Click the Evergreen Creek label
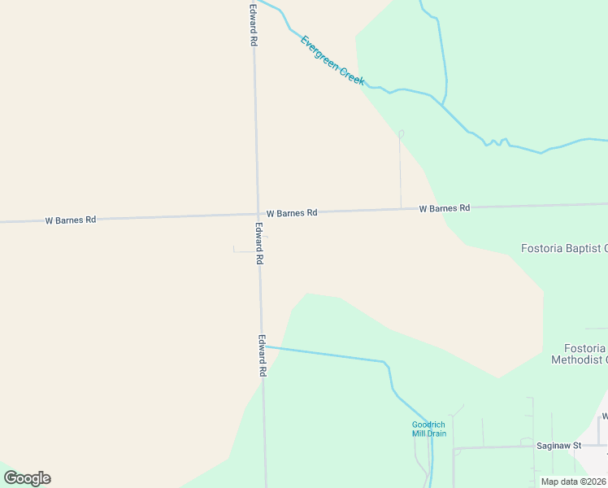pos(332,61)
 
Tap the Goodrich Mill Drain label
pos(428,429)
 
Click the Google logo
pos(27,478)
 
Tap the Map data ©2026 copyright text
pos(573,481)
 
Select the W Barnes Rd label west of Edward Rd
pos(71,220)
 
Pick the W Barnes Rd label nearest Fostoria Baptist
pos(445,208)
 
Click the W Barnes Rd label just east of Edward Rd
pos(291,213)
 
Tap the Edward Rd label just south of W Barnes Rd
pos(259,243)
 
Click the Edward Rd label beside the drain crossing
pos(263,355)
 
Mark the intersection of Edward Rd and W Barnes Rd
pos(258,214)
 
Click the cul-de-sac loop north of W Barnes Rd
pos(400,133)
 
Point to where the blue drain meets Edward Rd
pos(263,346)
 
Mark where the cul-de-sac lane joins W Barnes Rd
pos(401,209)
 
